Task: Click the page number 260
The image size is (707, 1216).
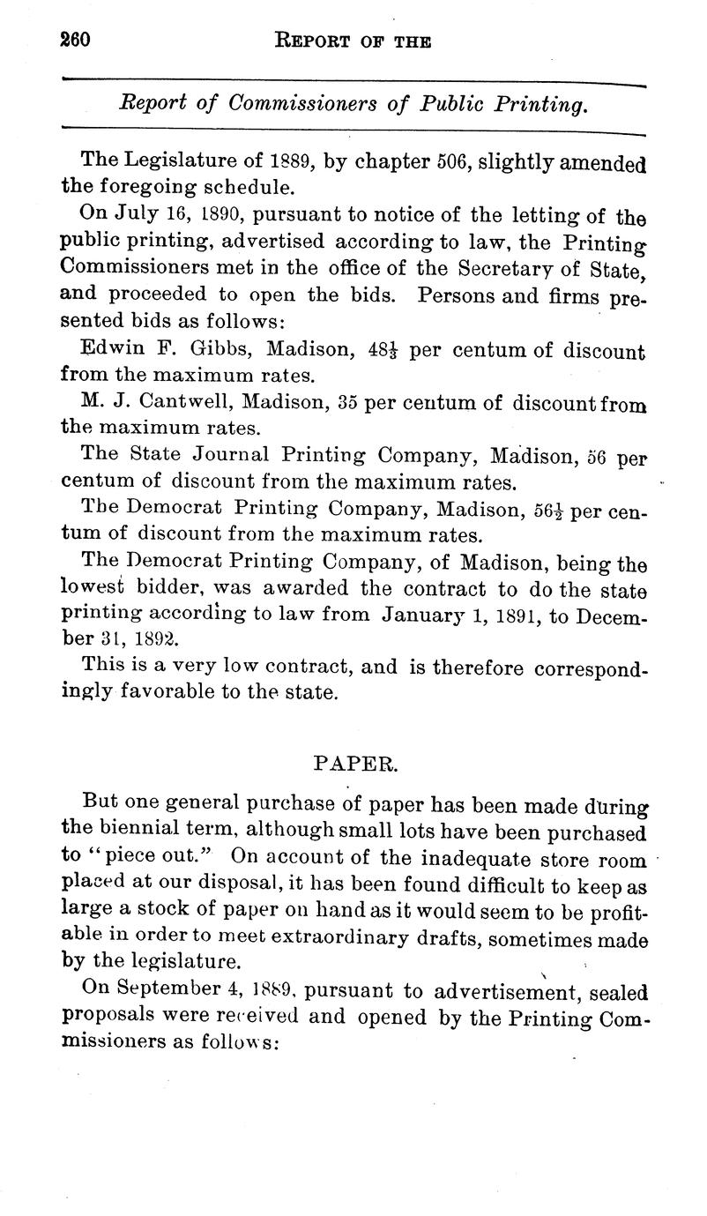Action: [77, 41]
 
